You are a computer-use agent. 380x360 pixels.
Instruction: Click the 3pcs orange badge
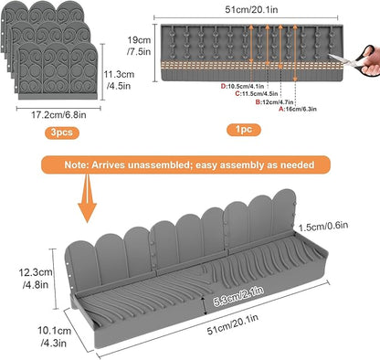(x=62, y=132)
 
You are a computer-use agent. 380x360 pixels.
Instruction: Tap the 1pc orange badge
(x=244, y=130)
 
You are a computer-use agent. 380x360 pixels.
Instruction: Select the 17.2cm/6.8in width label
(x=58, y=115)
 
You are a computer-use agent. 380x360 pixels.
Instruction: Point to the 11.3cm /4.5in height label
(x=119, y=80)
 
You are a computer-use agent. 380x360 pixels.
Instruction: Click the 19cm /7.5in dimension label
(x=139, y=46)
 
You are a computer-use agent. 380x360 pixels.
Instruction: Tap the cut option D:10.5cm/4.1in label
(x=242, y=87)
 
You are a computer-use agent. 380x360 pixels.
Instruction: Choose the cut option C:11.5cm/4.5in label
(x=257, y=94)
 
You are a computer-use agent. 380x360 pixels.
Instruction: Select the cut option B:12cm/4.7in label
(x=274, y=102)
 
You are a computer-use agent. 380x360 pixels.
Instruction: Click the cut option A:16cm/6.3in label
(x=298, y=109)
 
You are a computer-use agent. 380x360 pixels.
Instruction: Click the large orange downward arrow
(x=87, y=198)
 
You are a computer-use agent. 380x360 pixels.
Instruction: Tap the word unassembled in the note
(x=160, y=164)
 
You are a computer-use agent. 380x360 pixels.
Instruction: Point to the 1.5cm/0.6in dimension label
(x=323, y=226)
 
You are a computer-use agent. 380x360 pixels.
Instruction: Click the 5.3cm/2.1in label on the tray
(x=238, y=296)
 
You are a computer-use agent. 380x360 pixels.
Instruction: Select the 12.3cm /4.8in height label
(x=36, y=279)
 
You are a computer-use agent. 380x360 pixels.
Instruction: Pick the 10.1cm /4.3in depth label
(x=54, y=337)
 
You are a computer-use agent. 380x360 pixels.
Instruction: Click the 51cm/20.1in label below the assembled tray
(x=233, y=324)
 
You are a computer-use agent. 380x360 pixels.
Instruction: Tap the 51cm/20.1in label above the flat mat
(x=251, y=9)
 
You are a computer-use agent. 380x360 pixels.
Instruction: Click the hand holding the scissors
(x=371, y=61)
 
